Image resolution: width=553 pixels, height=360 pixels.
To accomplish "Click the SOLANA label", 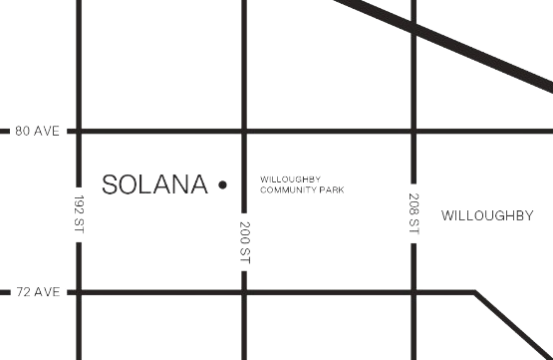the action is (154, 184).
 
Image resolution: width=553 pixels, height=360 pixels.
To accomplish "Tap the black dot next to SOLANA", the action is (222, 184).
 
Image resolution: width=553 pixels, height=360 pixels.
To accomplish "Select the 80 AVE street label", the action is (38, 131).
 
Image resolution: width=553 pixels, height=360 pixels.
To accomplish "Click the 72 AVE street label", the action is (38, 292).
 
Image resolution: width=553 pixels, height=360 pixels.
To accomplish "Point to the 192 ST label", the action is (79, 213).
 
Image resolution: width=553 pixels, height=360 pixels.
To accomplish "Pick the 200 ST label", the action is (244, 242).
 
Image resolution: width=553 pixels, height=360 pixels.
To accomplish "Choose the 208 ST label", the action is (414, 213).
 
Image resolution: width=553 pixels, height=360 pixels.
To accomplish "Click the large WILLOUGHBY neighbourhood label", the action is (487, 215).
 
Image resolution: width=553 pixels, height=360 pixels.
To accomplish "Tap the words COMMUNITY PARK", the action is (302, 189).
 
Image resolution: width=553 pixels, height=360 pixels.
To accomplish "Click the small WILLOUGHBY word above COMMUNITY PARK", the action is (291, 180).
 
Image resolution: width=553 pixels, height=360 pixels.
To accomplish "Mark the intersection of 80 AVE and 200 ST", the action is (244, 132).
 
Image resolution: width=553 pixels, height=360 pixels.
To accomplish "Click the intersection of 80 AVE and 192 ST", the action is (79, 132).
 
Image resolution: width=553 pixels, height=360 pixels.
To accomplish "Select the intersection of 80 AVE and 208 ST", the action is (414, 132).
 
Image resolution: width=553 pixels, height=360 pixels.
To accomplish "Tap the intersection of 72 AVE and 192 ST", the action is (79, 292).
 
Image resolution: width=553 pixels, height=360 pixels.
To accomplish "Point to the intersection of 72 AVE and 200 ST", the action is (244, 292).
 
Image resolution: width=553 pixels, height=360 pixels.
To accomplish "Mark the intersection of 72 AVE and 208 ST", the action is (414, 292).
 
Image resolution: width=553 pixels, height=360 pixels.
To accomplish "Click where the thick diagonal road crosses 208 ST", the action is (414, 27).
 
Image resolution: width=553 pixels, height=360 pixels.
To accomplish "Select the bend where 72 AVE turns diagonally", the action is (475, 292).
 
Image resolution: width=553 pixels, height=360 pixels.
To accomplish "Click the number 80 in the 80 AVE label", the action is (22, 131).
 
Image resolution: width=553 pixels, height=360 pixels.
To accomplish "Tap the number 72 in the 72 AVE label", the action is (23, 292).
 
